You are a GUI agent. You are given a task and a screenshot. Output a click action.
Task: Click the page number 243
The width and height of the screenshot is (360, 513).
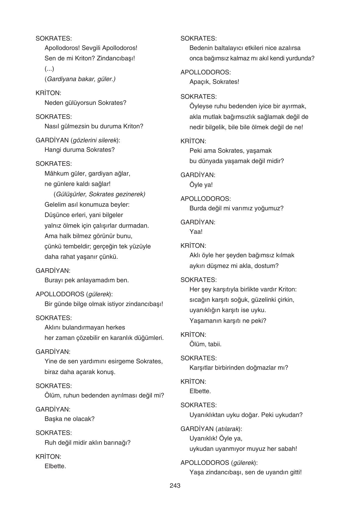pyautogui.click(x=175, y=486)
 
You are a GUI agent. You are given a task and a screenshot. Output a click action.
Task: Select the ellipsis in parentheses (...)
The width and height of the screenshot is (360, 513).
pyautogui.click(x=49, y=69)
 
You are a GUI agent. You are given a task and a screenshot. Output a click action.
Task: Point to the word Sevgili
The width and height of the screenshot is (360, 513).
pyautogui.click(x=91, y=48)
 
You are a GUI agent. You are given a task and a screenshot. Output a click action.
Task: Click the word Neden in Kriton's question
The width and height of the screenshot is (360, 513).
pyautogui.click(x=53, y=103)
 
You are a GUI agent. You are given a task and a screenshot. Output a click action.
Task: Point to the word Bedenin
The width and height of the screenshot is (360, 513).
pyautogui.click(x=201, y=48)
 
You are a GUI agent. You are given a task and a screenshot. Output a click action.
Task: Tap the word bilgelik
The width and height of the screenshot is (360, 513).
pyautogui.click(x=214, y=127)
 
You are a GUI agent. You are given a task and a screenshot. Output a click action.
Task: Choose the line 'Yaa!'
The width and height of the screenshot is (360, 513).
pyautogui.click(x=196, y=232)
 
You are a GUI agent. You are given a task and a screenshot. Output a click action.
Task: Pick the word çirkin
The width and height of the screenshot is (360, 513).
pyautogui.click(x=286, y=300)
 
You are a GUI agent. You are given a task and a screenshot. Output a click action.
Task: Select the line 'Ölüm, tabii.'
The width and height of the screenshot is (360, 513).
pyautogui.click(x=205, y=344)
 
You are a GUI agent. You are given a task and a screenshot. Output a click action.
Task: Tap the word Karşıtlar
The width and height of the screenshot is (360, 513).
pyautogui.click(x=202, y=368)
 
